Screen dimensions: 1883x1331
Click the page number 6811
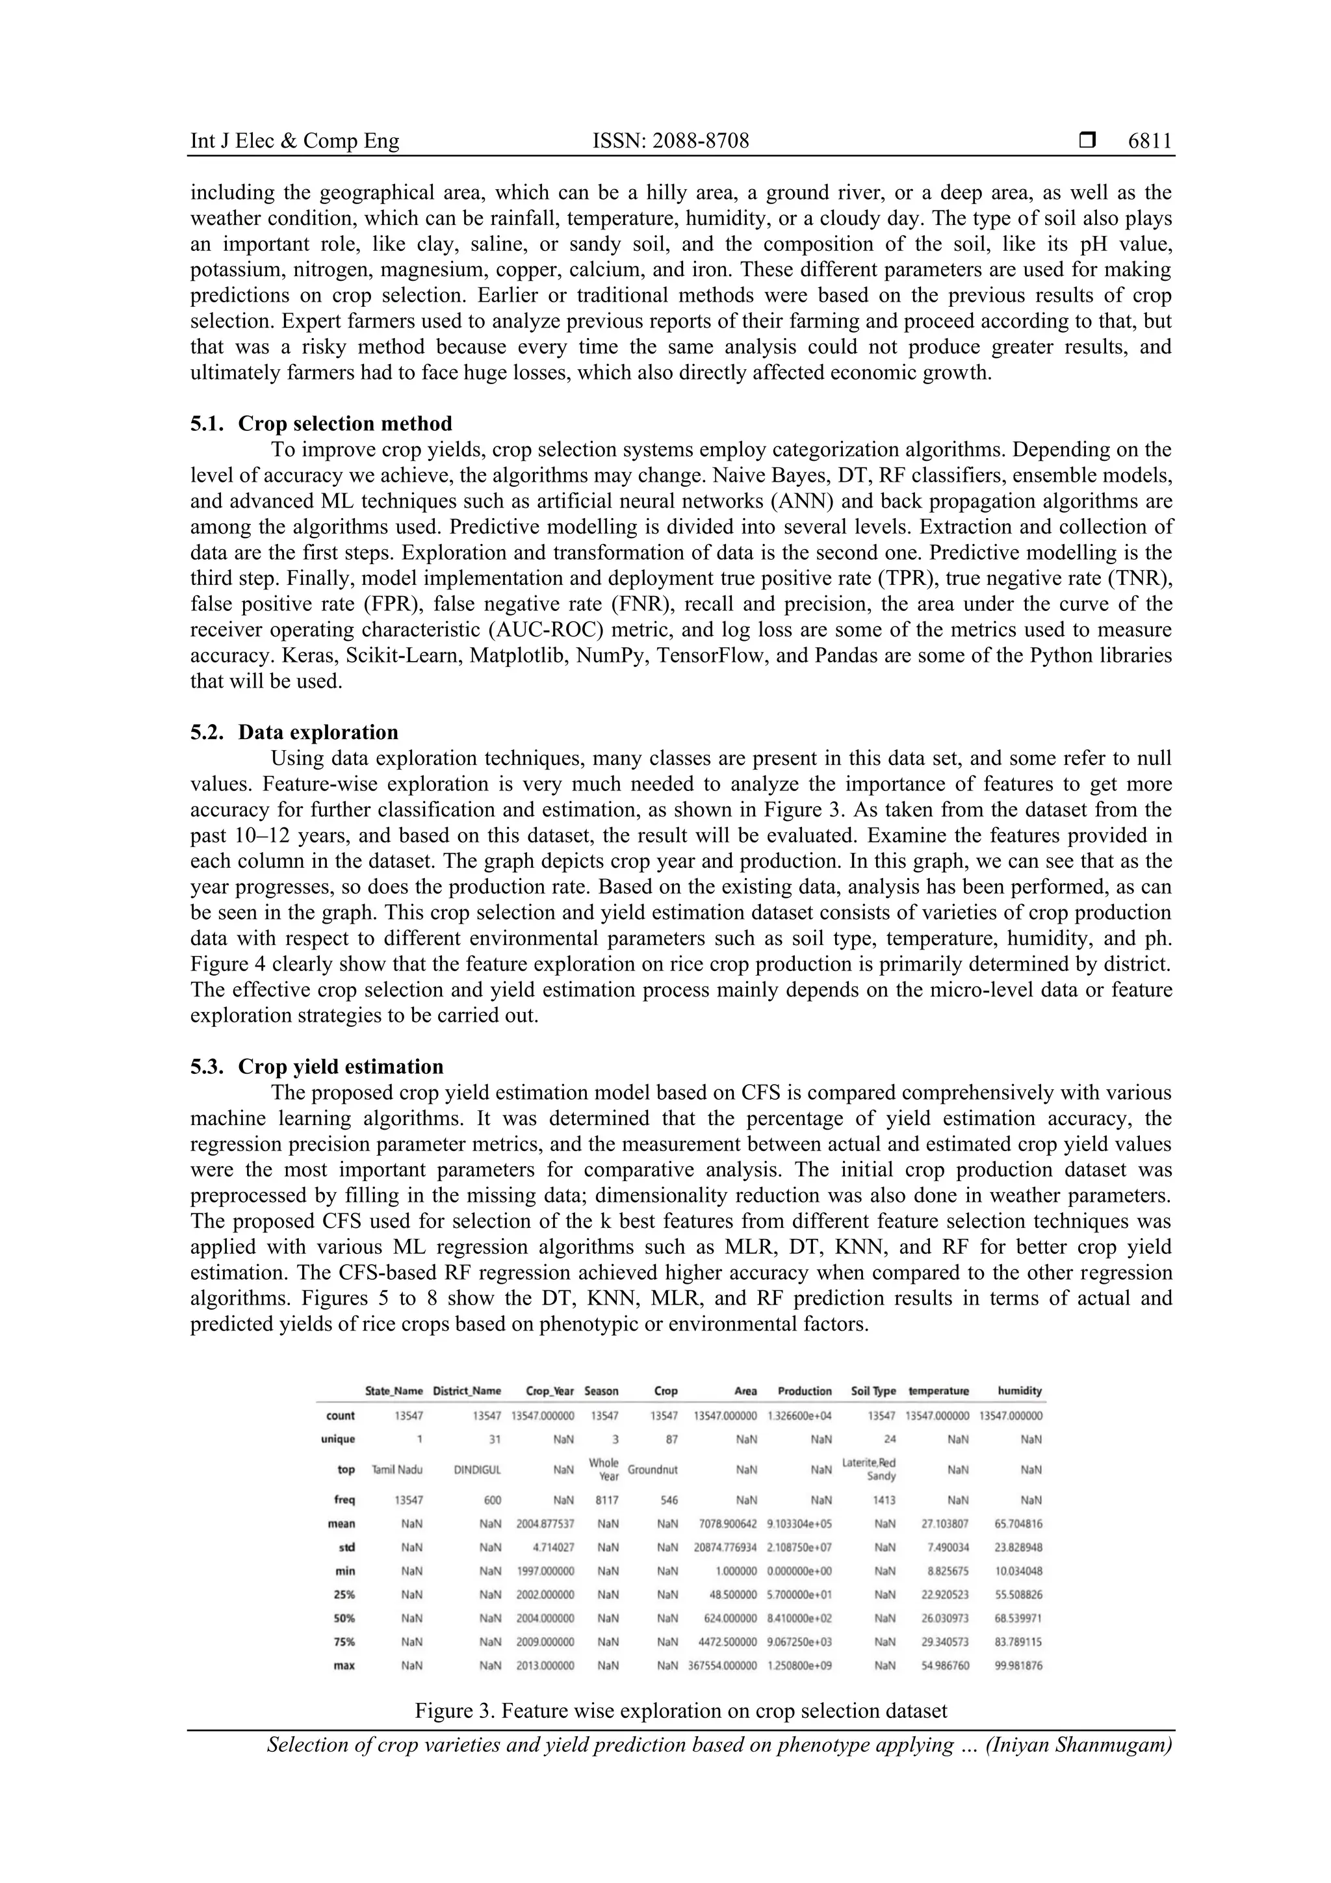[x=1149, y=141]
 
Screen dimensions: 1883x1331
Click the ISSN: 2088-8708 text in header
[x=670, y=141]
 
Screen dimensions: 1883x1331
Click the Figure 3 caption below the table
[x=680, y=1711]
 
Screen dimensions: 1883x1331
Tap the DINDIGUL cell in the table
[x=477, y=1470]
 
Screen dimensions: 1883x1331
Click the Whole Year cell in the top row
[x=604, y=1469]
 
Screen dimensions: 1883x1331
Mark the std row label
[x=346, y=1548]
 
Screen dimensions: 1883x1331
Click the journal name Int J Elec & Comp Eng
[x=294, y=141]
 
